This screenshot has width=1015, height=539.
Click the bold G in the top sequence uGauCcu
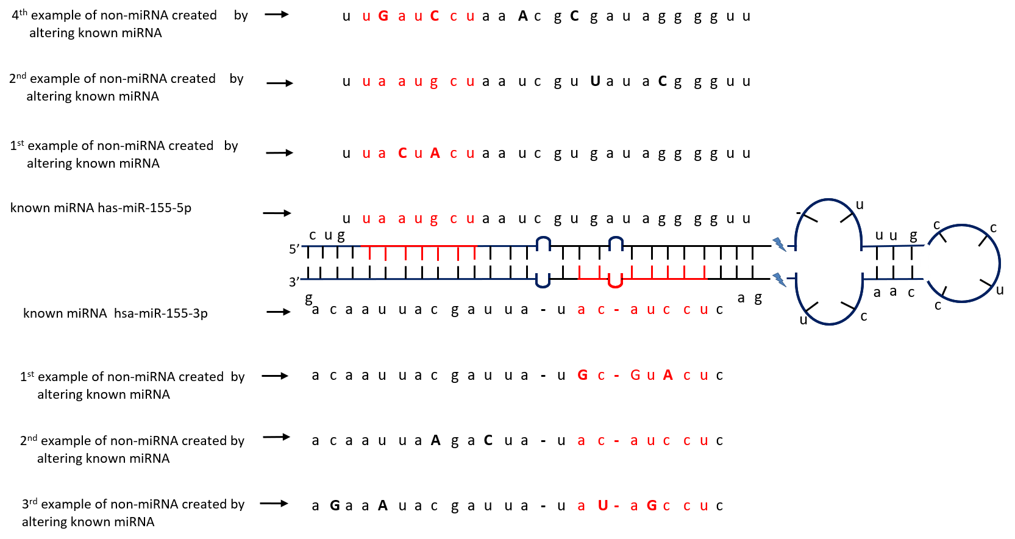[x=383, y=16]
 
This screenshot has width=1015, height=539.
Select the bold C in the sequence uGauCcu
[x=435, y=16]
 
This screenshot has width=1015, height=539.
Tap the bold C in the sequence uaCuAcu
[x=402, y=154]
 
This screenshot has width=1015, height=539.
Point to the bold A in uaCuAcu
[x=435, y=154]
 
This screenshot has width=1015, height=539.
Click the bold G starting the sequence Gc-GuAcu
[x=583, y=376]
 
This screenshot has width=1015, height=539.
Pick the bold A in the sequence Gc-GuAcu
[x=668, y=376]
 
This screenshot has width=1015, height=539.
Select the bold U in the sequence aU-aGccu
[x=603, y=506]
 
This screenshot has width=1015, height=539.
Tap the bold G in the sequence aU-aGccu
[x=652, y=506]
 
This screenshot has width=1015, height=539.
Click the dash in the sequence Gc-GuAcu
[x=617, y=376]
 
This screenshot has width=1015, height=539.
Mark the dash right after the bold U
[x=617, y=507]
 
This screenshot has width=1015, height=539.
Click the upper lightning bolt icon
[x=779, y=245]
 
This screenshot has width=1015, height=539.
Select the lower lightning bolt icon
[x=779, y=280]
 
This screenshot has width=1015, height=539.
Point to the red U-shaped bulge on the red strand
[x=615, y=282]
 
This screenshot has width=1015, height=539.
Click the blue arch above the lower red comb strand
[x=616, y=243]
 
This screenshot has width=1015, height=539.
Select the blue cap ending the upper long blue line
[x=544, y=244]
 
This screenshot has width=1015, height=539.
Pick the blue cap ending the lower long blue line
[x=543, y=280]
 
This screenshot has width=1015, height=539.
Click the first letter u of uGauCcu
[x=366, y=17]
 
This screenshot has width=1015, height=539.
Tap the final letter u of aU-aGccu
[x=704, y=507]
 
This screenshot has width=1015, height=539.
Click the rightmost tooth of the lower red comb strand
[x=705, y=272]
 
